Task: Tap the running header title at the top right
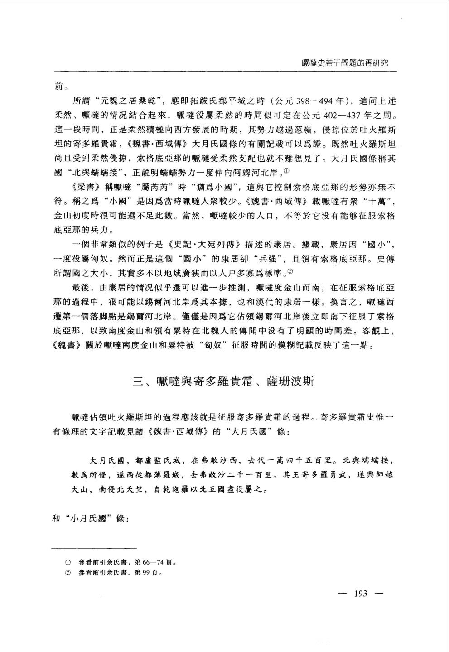point(345,63)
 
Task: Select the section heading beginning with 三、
point(223,381)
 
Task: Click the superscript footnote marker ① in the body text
point(286,171)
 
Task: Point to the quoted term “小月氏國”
point(90,518)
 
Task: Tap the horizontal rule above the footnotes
point(95,549)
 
